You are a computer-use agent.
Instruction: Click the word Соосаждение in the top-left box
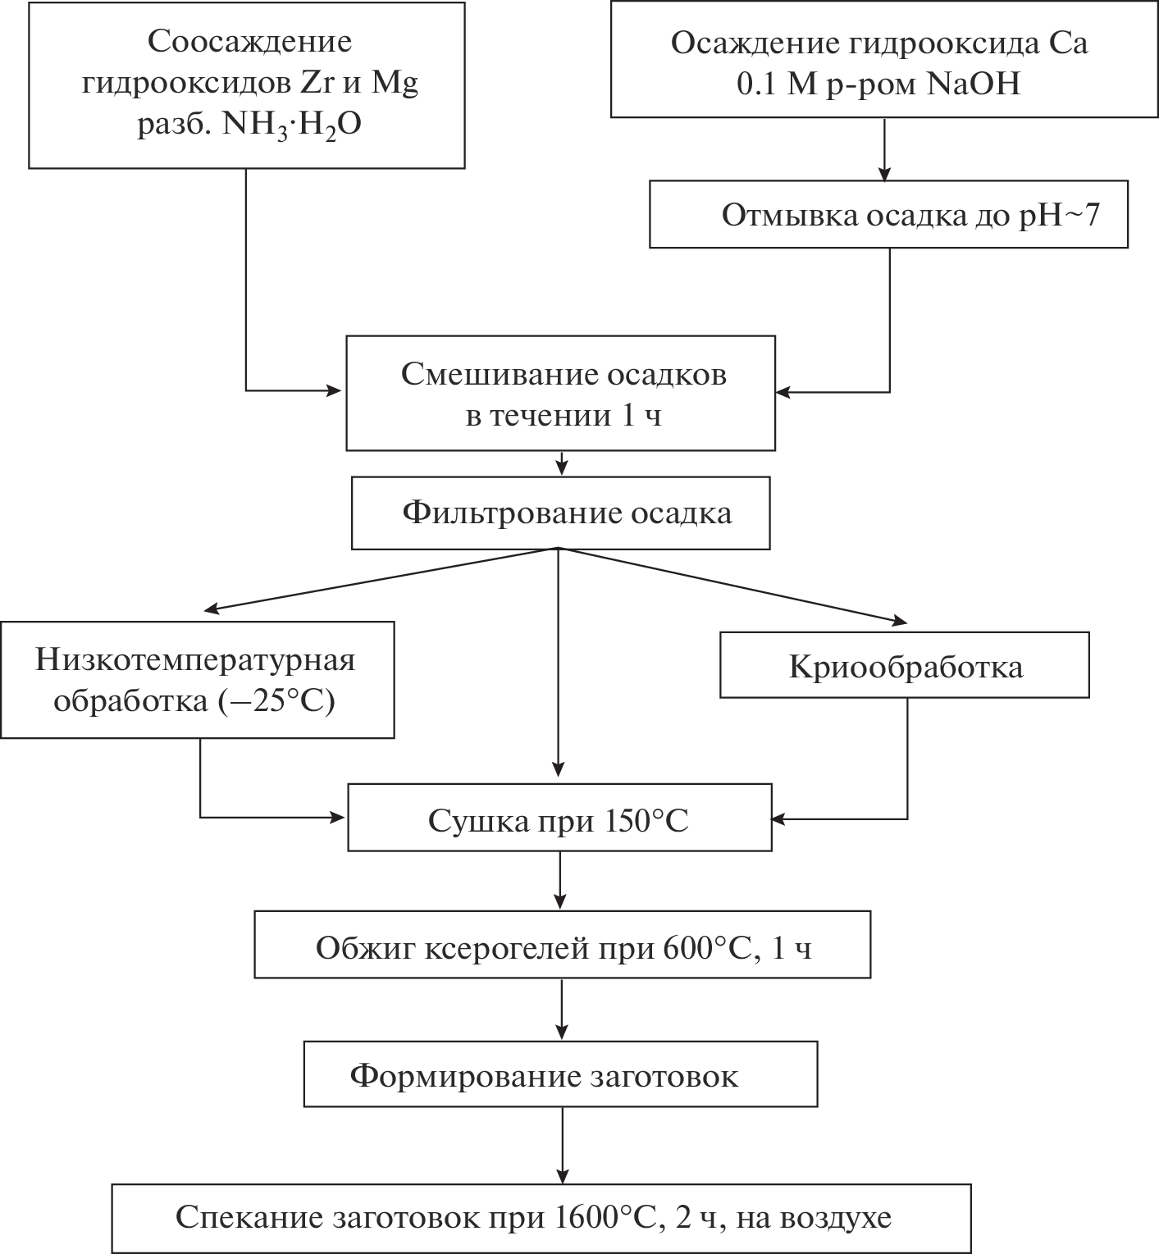click(x=250, y=42)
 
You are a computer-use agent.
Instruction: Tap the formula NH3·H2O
click(x=292, y=125)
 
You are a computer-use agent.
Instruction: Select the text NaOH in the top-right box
click(x=974, y=84)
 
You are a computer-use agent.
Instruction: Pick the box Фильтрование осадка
click(x=560, y=513)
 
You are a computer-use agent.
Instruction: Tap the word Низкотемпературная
click(x=196, y=659)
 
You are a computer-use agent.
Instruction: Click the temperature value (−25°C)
click(x=277, y=703)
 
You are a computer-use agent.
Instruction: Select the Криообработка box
click(x=905, y=666)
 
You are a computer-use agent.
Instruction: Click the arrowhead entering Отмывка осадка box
click(x=884, y=174)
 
